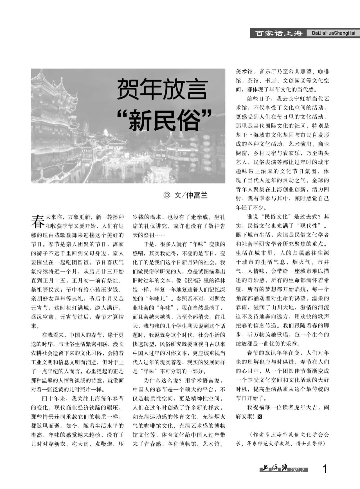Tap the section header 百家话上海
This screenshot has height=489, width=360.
point(279,33)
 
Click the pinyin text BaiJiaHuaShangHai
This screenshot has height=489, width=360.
point(333,33)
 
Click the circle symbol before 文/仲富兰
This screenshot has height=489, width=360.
point(166,195)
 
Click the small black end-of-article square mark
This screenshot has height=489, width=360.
point(260,416)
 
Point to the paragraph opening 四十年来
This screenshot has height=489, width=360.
point(53,398)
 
